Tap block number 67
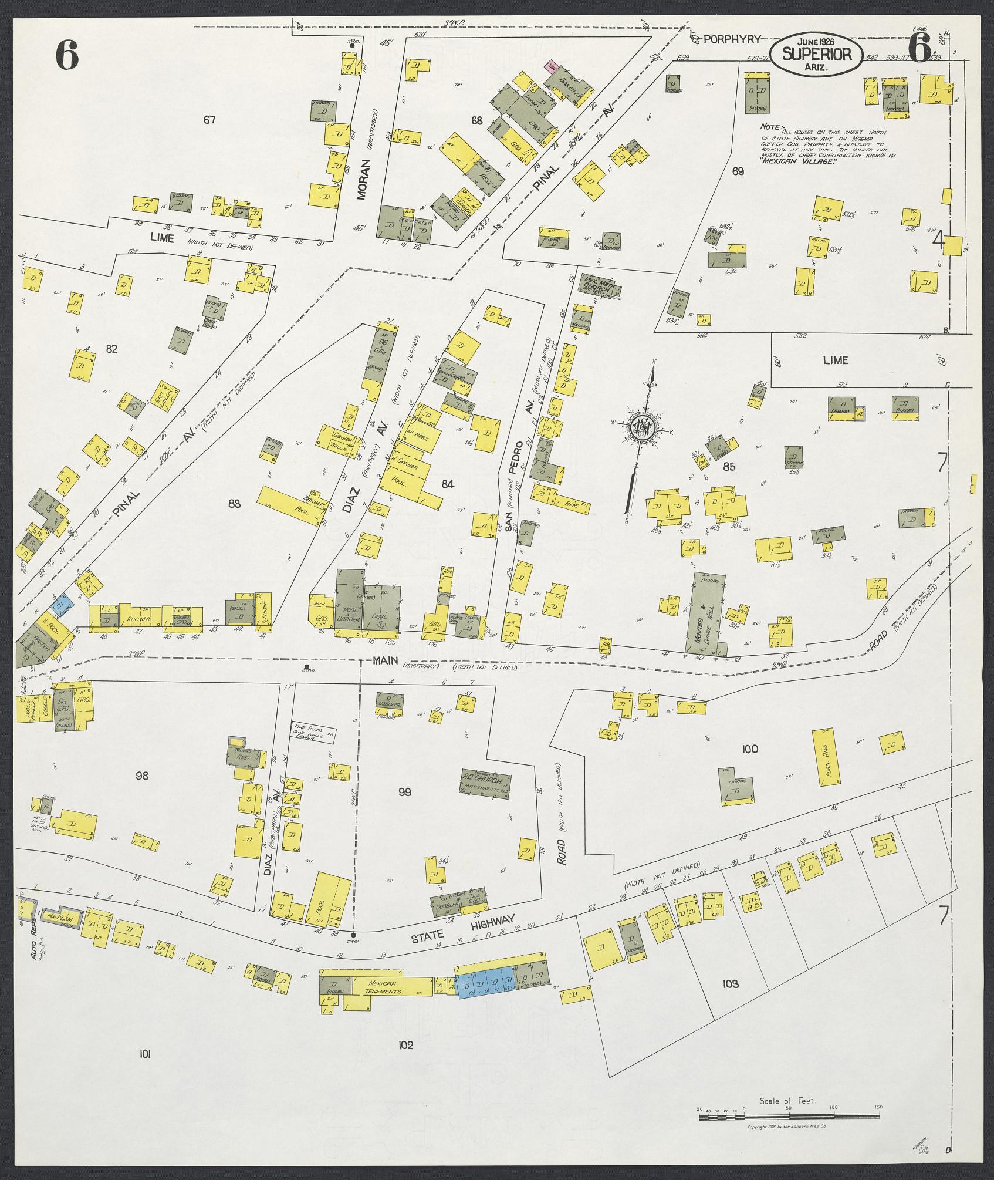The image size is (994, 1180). tap(209, 120)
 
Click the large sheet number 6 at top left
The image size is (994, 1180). tap(67, 56)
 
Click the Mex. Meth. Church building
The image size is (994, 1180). tap(600, 284)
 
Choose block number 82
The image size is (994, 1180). tap(111, 349)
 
